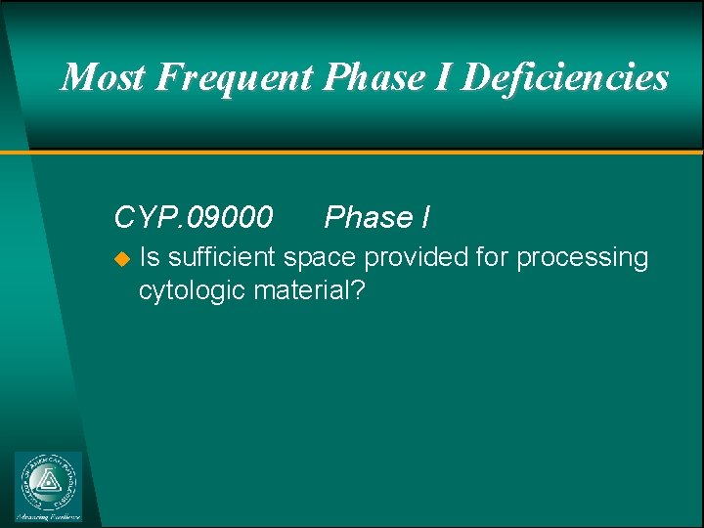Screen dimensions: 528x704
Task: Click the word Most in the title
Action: (x=101, y=76)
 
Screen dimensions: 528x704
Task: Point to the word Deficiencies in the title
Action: (x=564, y=76)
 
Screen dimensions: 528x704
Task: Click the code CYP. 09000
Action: (x=194, y=217)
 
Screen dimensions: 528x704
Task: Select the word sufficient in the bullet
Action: (x=223, y=258)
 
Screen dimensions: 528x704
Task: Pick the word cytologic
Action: (x=193, y=290)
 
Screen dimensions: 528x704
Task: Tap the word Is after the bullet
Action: (x=151, y=258)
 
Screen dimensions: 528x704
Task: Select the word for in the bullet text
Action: (x=493, y=258)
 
